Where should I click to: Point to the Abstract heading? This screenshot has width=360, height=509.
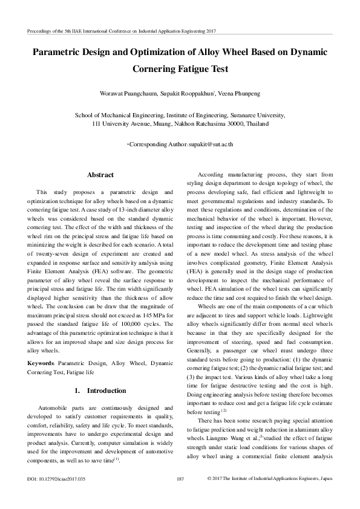[100, 175]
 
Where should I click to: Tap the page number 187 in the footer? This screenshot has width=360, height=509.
[180, 479]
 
